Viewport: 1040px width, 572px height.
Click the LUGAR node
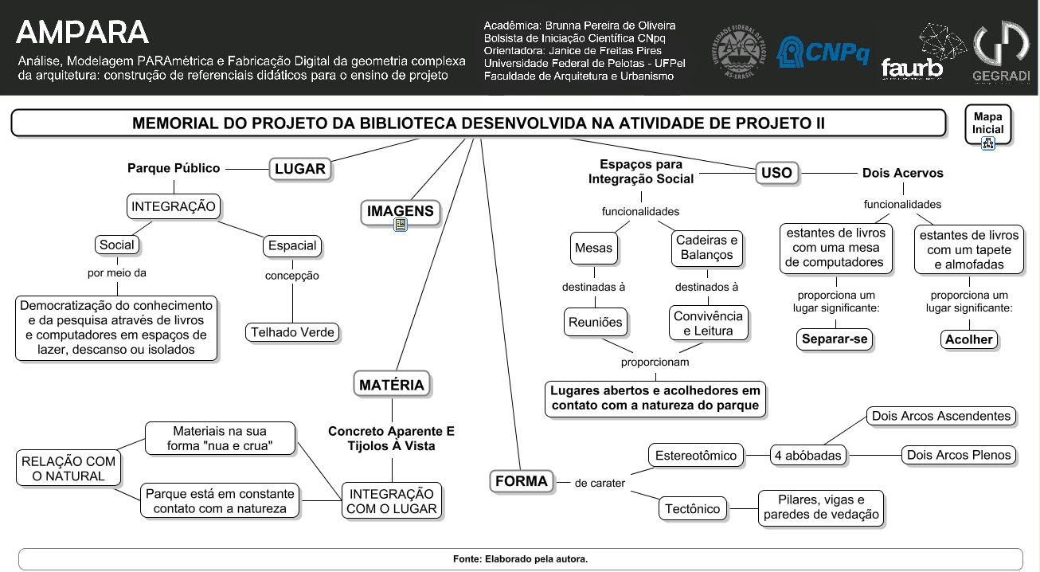[x=299, y=169]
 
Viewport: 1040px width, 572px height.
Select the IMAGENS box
[x=400, y=211]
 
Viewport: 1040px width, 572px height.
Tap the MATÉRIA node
[x=391, y=385]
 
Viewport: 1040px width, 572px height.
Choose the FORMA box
[x=521, y=481]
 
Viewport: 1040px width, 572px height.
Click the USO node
[x=776, y=173]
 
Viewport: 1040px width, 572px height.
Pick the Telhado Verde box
[x=292, y=332]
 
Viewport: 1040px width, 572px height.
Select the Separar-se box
[x=835, y=339]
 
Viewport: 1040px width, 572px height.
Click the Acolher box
[x=968, y=339]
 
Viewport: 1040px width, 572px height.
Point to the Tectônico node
[x=692, y=508]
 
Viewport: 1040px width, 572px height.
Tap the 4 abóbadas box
[x=807, y=456]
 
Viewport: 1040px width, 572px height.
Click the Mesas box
[x=594, y=248]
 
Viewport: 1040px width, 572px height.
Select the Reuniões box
[x=595, y=323]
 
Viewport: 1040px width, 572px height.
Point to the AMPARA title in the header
[x=82, y=33]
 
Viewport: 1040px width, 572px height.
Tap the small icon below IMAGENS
[x=401, y=225]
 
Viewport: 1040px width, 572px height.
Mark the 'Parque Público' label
[x=174, y=168]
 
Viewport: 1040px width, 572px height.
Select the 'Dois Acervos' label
[x=902, y=173]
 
